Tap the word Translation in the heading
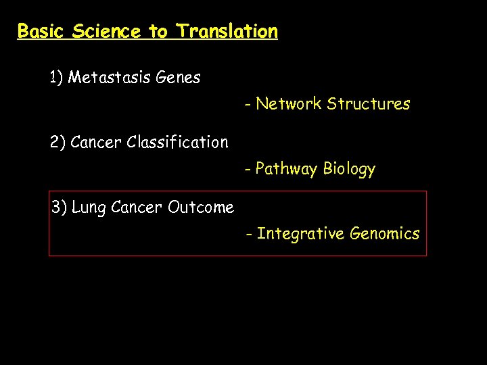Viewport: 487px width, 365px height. click(227, 31)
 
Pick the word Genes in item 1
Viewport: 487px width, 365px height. click(178, 78)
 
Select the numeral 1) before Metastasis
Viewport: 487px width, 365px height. click(56, 78)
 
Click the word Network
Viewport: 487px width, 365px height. click(289, 104)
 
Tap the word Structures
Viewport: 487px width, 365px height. click(368, 104)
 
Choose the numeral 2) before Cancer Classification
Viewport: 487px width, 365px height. click(57, 143)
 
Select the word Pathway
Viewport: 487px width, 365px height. click(287, 169)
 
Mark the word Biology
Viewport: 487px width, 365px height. click(349, 169)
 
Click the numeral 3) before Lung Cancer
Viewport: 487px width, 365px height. click(59, 208)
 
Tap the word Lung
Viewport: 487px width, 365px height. click(87, 208)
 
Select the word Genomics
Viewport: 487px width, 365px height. click(384, 234)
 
